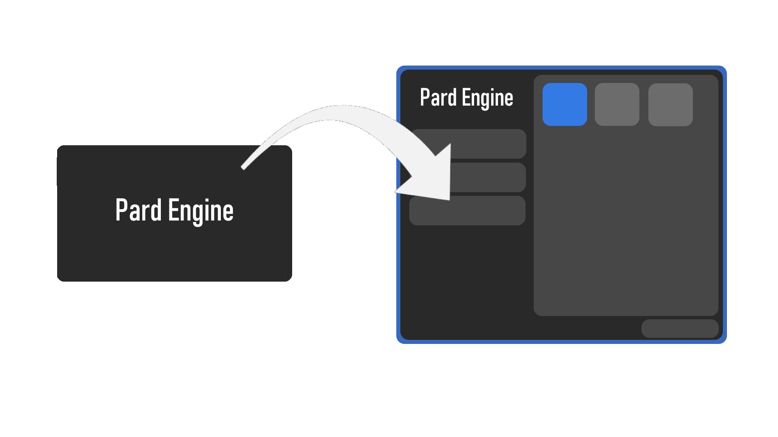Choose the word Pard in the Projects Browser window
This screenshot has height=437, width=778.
[x=438, y=98]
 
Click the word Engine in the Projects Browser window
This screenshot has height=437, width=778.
[x=487, y=98]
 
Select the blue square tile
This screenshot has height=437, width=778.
[x=564, y=104]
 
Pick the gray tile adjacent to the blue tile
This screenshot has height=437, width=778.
[x=617, y=104]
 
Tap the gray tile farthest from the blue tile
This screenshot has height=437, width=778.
[x=670, y=105]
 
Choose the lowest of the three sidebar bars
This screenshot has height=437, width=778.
[x=467, y=211]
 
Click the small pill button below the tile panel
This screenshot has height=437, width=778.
[x=680, y=329]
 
